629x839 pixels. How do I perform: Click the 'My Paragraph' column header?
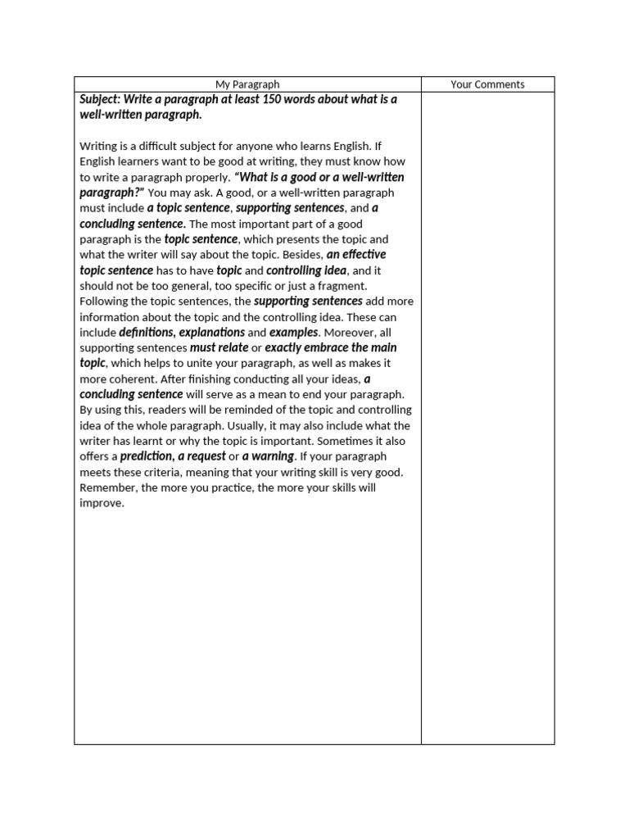[x=247, y=84]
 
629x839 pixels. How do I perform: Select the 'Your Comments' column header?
[x=487, y=84]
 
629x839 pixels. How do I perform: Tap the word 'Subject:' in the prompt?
[x=101, y=99]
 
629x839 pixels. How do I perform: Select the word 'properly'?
[x=206, y=177]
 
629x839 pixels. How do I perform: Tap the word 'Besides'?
[x=301, y=255]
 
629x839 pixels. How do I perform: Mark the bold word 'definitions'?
[x=146, y=333]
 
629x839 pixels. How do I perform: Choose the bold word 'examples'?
[x=294, y=333]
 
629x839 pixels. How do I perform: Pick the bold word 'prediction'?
[x=147, y=456]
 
